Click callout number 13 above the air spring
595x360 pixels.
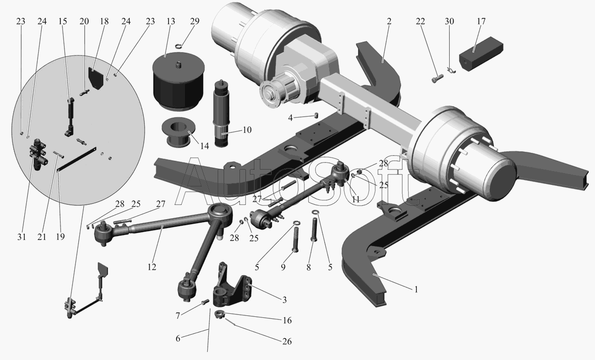pos(171,21)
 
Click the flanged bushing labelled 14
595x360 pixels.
pos(179,132)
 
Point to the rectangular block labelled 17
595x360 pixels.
pos(481,54)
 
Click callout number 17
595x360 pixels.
pos(481,21)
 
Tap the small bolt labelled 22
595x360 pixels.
pos(437,78)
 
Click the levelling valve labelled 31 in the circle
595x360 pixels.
pos(39,155)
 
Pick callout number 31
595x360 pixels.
pos(21,237)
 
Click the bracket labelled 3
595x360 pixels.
pos(232,288)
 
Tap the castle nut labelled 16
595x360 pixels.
pos(220,315)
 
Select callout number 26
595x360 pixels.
pos(287,341)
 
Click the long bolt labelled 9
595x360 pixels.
pos(296,236)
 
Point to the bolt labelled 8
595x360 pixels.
pos(314,230)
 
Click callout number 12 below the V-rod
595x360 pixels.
pos(152,267)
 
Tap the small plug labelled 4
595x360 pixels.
pos(316,116)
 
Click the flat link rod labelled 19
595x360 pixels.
pos(77,159)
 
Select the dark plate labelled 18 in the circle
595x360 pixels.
pos(95,78)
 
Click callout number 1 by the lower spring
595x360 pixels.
pos(416,289)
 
